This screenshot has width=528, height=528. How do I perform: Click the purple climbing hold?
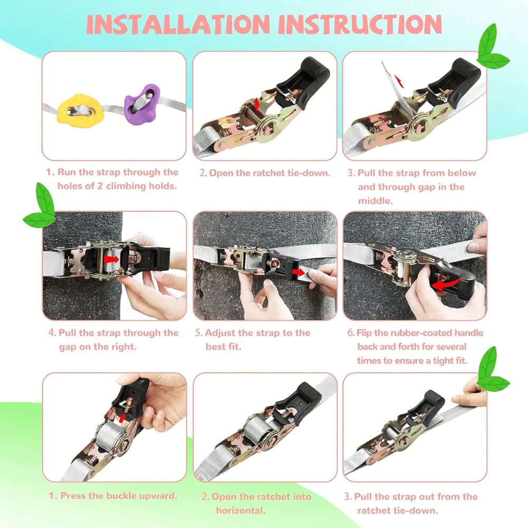click(x=142, y=105)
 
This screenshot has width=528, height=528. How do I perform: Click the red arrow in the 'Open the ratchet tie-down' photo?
click(x=257, y=104)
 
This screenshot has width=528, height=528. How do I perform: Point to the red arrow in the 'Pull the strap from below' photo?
click(x=399, y=82)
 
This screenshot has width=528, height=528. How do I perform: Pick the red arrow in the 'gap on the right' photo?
click(x=111, y=259)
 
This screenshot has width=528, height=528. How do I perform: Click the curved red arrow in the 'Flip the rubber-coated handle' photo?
click(x=446, y=284)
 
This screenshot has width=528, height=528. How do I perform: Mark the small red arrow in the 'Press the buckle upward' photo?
click(x=122, y=418)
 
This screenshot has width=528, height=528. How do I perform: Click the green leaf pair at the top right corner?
click(x=492, y=48)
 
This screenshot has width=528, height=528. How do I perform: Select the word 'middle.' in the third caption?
click(x=375, y=201)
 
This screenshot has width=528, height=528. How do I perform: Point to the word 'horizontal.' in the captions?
click(x=241, y=511)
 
